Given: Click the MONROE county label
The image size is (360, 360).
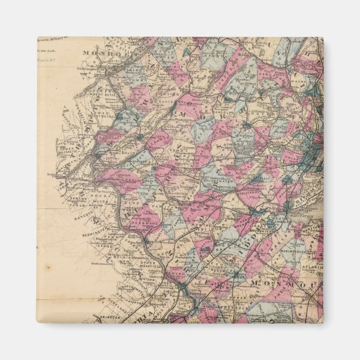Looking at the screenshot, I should pyautogui.click(x=95, y=53).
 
